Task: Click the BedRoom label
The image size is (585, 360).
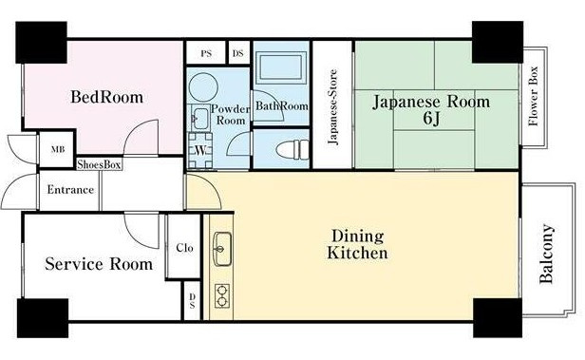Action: click(x=106, y=97)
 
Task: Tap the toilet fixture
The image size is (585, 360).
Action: click(x=292, y=149)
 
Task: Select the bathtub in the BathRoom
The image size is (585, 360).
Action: click(x=281, y=67)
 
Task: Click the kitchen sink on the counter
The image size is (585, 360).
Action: click(x=222, y=249)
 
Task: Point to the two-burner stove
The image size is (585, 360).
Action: click(x=222, y=295)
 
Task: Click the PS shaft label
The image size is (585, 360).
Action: click(x=206, y=53)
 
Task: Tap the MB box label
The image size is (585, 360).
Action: click(x=57, y=149)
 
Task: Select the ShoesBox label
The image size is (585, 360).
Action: click(x=99, y=164)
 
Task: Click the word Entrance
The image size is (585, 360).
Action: click(x=70, y=190)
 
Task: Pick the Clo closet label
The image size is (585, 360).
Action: click(x=184, y=248)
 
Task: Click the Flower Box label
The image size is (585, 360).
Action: click(x=534, y=96)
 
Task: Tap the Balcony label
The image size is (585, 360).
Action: click(x=546, y=254)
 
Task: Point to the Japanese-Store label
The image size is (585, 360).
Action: click(x=332, y=107)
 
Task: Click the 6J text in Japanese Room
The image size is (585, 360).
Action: click(x=431, y=118)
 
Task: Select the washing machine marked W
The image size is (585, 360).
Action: click(x=200, y=151)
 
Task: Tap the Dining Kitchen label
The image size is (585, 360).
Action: click(x=357, y=244)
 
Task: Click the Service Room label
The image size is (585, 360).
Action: click(x=99, y=264)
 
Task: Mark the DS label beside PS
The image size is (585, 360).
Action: click(x=238, y=53)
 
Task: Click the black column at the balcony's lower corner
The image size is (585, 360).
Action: click(x=498, y=318)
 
